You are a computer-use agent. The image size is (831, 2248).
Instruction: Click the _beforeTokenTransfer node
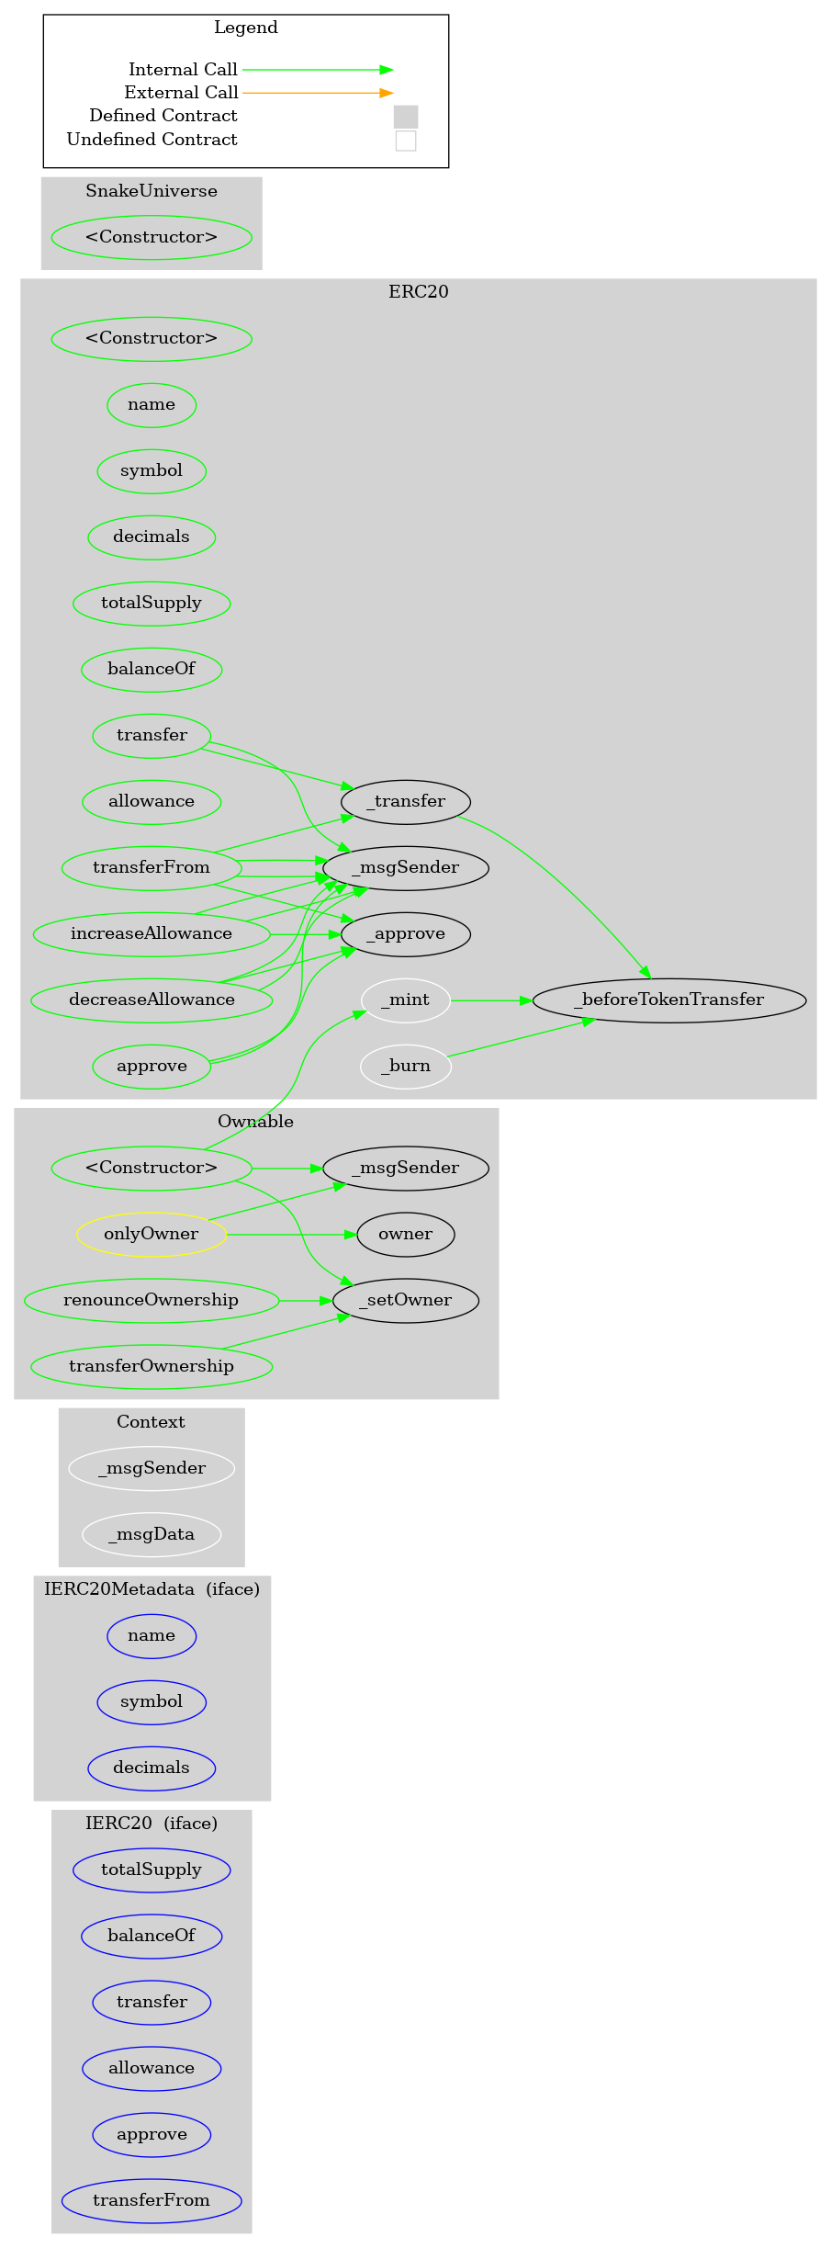pyautogui.click(x=668, y=1000)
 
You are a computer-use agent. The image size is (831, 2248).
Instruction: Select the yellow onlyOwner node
pyautogui.click(x=152, y=1234)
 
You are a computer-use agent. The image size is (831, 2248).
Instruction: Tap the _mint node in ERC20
pyautogui.click(x=405, y=1000)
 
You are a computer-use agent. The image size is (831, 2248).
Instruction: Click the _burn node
pyautogui.click(x=405, y=1066)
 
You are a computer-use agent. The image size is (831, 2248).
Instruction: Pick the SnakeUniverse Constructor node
pyautogui.click(x=152, y=237)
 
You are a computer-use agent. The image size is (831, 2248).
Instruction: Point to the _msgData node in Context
pyautogui.click(x=152, y=1534)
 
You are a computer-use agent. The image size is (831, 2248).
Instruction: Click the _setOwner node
pyautogui.click(x=405, y=1300)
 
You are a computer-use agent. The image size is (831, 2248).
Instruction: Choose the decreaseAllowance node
pyautogui.click(x=152, y=1000)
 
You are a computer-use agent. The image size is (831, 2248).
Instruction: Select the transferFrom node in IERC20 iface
pyautogui.click(x=152, y=2200)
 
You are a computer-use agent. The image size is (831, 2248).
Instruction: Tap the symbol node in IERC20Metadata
pyautogui.click(x=152, y=1701)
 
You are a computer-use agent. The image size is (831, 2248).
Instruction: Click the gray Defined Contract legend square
pyautogui.click(x=405, y=117)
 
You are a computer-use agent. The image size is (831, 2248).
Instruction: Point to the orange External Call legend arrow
pyautogui.click(x=317, y=93)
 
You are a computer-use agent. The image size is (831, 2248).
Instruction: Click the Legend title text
pyautogui.click(x=245, y=28)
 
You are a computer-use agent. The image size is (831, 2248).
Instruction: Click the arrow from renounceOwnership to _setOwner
pyautogui.click(x=305, y=1301)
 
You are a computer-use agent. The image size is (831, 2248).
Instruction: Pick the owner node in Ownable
pyautogui.click(x=405, y=1234)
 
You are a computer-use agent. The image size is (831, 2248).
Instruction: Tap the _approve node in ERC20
pyautogui.click(x=405, y=933)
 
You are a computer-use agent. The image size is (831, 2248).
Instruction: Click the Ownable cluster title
pyautogui.click(x=255, y=1121)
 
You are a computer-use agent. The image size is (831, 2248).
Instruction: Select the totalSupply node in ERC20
pyautogui.click(x=152, y=603)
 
